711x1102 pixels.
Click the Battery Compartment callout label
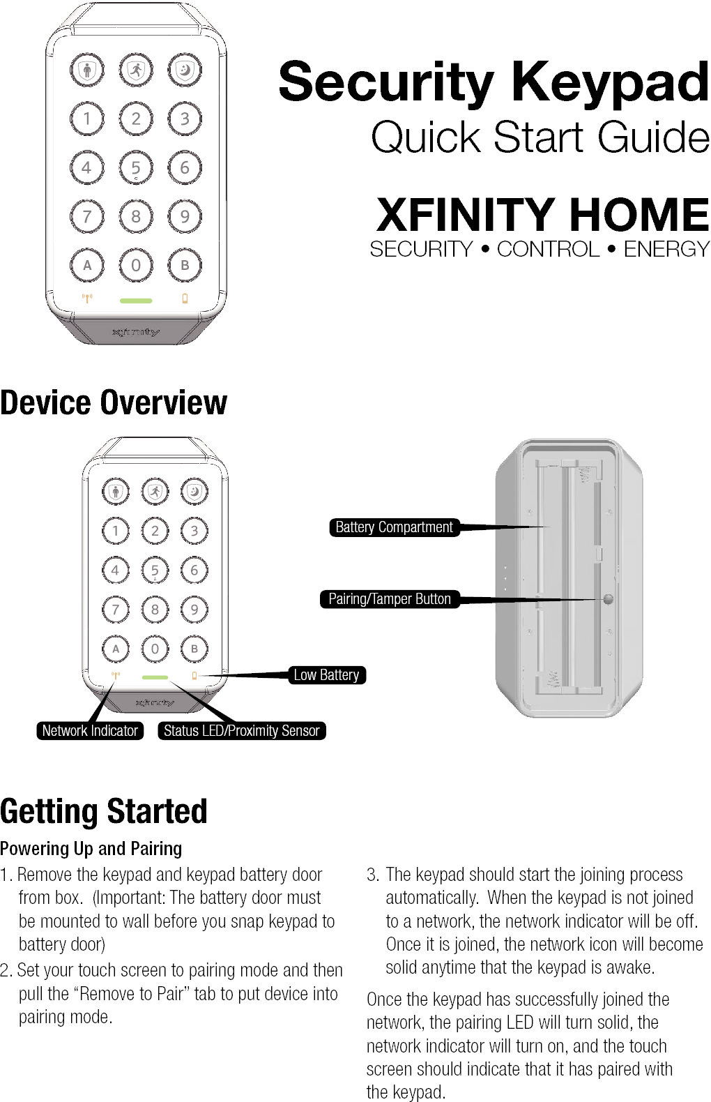394,527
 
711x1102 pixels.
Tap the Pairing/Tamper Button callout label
389,599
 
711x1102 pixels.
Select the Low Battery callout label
326,675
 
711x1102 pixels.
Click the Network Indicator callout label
90,731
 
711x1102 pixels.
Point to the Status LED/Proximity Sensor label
241,731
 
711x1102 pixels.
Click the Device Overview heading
114,402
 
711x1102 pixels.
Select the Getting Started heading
104,811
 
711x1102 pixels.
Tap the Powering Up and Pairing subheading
91,848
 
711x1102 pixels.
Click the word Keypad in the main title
611,82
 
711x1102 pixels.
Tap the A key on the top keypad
87,265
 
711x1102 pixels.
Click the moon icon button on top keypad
185,70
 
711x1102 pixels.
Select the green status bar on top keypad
136,301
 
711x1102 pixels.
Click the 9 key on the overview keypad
194,610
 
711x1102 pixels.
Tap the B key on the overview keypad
194,649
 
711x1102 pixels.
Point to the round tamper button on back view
608,599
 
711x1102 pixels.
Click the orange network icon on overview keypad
116,676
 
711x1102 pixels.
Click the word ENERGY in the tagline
666,249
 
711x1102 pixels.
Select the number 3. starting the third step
373,875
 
